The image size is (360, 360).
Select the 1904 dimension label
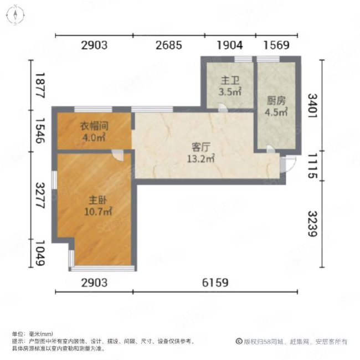click(229, 46)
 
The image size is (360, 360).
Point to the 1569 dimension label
click(275, 46)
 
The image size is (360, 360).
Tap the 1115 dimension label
click(313, 166)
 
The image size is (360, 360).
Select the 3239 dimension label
click(313, 224)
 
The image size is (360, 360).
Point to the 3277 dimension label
click(38, 196)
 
